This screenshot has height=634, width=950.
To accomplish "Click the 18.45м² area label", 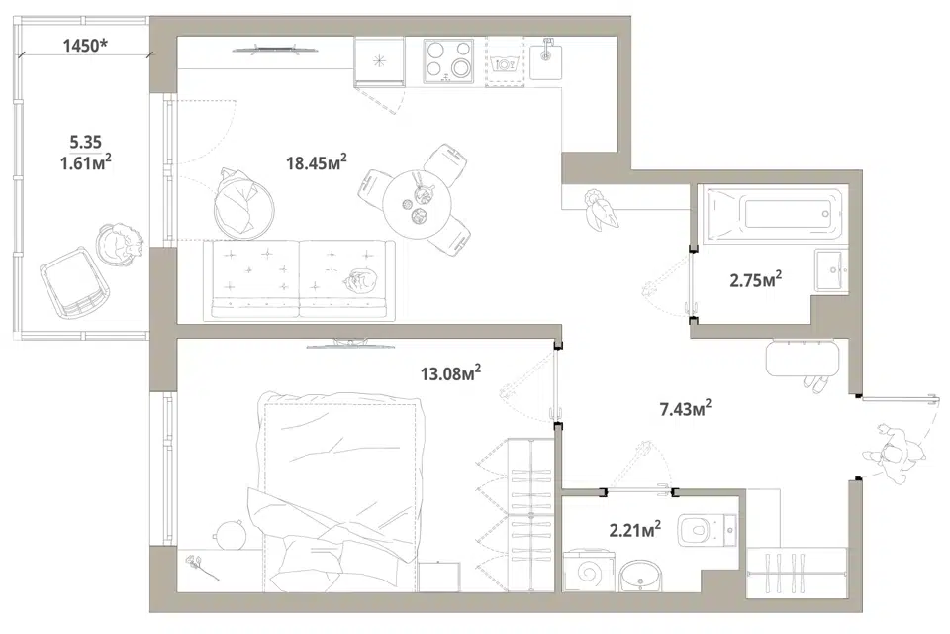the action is (x=317, y=162).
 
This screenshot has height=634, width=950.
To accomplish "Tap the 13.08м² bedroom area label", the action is (x=451, y=372).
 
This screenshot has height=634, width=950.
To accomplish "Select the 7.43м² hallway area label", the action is (x=685, y=409).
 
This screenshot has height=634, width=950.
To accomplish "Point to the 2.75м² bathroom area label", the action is (x=755, y=279).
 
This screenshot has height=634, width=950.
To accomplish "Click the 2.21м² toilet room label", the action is (x=635, y=530).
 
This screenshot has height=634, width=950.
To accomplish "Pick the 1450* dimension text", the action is (x=86, y=45).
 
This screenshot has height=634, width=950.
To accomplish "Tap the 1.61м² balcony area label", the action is (x=85, y=162).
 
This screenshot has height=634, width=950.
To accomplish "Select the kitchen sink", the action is (x=546, y=58).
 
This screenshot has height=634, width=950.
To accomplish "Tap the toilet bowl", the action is (x=707, y=531).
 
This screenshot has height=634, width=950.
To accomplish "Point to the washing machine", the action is (x=588, y=571).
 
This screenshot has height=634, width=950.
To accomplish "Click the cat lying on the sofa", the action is (x=360, y=282).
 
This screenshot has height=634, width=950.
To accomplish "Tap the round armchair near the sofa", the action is (x=243, y=204).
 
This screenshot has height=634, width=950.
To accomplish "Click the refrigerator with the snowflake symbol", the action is (x=379, y=60).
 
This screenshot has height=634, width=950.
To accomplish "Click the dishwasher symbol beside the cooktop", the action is (x=505, y=61).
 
